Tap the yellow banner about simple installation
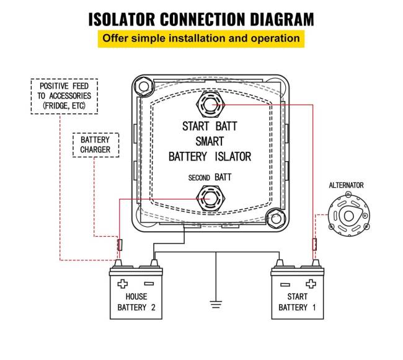pos(201,38)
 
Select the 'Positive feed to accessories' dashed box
pos(64,96)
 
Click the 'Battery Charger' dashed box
pos(95,145)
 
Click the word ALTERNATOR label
pos(346,185)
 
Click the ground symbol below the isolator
pos(215,304)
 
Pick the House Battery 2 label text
pos(136,302)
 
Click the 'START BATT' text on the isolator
pos(210,126)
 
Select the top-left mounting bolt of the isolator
pos(143,84)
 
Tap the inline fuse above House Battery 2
pos(120,245)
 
